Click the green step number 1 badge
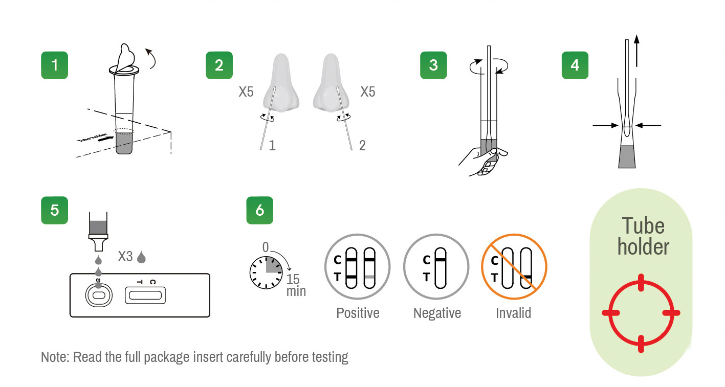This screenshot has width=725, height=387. click(x=54, y=65)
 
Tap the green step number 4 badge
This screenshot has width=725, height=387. click(x=575, y=65)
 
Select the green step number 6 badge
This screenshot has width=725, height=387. click(x=259, y=211)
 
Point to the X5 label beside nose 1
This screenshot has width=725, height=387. click(x=246, y=92)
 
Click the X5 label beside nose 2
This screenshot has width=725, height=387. click(x=368, y=92)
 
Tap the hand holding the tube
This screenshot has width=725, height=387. click(x=484, y=161)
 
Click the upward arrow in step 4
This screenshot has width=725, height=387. click(x=636, y=51)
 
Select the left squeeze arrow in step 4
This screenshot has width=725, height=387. click(x=605, y=125)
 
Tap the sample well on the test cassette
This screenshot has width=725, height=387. click(x=99, y=295)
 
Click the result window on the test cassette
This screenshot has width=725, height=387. click(x=145, y=295)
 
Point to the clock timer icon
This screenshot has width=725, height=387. click(x=266, y=272)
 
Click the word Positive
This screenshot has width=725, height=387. click(x=358, y=313)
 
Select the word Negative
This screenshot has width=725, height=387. click(x=437, y=313)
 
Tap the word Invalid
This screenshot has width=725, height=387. click(x=513, y=313)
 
